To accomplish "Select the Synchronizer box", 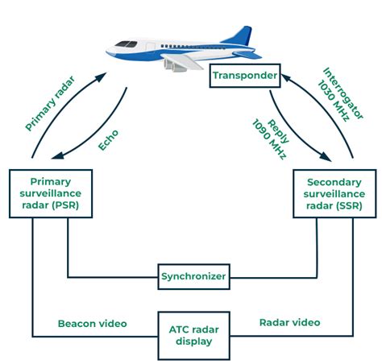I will [193, 276].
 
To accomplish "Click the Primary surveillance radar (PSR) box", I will [50, 193].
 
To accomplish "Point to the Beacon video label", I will [92, 323].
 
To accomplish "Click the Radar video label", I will [289, 322].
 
